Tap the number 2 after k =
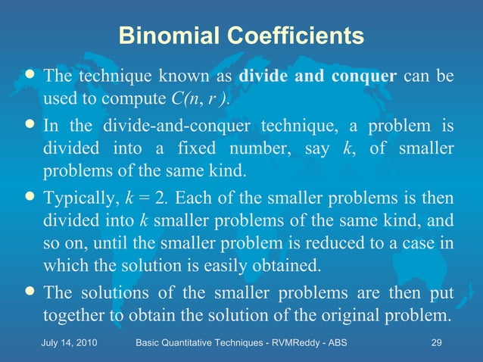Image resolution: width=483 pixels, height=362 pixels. tap(159, 198)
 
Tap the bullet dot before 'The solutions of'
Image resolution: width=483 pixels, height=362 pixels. tap(30, 292)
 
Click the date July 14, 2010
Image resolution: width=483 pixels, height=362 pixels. tap(72, 344)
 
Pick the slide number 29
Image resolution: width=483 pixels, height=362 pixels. tap(436, 344)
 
